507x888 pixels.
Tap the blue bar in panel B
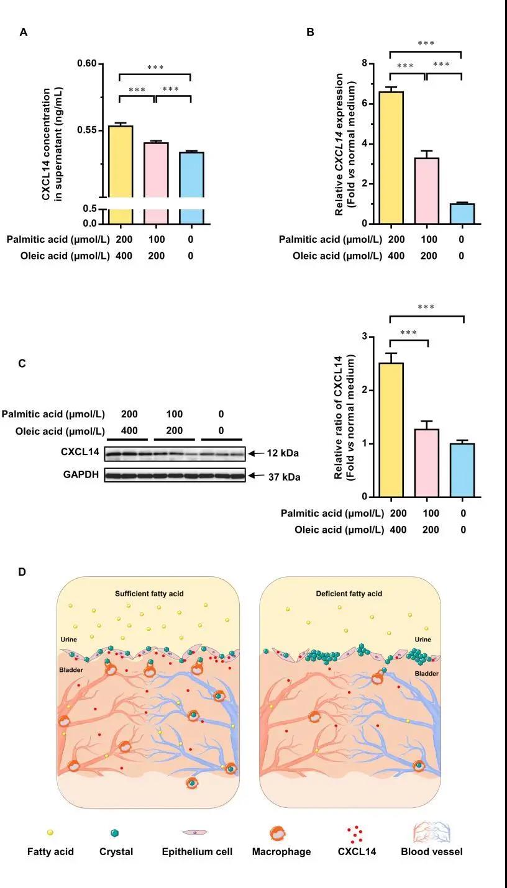coord(462,213)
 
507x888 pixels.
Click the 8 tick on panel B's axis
coord(365,63)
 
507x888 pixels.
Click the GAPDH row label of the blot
coord(80,476)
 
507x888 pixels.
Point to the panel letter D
coord(22,571)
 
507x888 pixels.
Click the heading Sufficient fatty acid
coord(149,594)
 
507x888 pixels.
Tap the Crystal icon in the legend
coord(114,833)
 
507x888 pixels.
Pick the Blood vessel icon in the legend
coord(431,832)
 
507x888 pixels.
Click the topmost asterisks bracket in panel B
coord(426,51)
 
